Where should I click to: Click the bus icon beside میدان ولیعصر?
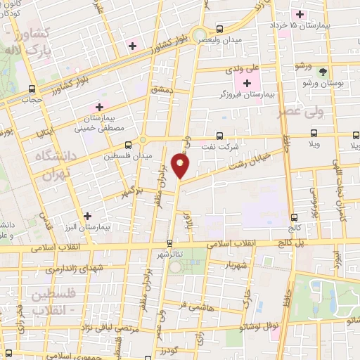pyautogui.click(x=220, y=29)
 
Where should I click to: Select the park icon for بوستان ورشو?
pyautogui.click(x=323, y=72)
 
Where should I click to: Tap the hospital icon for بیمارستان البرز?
pyautogui.click(x=87, y=217)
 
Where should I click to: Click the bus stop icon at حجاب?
pyautogui.click(x=30, y=89)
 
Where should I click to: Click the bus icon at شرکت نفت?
pyautogui.click(x=220, y=136)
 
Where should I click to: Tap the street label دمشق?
pyautogui.click(x=161, y=90)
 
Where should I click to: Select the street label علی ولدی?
pyautogui.click(x=243, y=70)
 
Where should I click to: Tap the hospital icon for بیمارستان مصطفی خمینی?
pyautogui.click(x=99, y=107)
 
